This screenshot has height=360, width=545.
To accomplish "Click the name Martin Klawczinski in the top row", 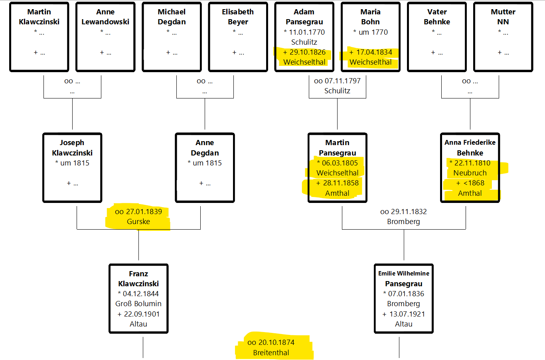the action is click(39, 17).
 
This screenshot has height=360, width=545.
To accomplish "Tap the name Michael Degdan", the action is click(172, 17).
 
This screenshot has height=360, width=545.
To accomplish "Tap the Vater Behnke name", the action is click(437, 17).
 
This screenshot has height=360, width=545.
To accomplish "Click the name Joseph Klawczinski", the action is click(72, 148).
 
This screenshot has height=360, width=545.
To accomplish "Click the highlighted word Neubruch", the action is click(470, 173).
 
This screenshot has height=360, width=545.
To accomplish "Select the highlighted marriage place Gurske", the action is click(138, 221).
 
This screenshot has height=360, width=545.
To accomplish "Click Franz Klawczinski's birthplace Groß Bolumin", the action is click(138, 304).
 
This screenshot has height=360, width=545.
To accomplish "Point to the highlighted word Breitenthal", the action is click(271, 352).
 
